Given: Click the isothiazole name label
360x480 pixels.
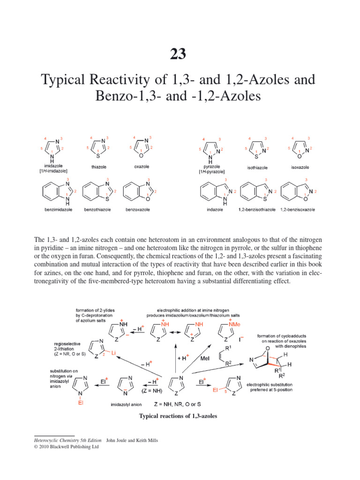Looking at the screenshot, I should (x=257, y=166).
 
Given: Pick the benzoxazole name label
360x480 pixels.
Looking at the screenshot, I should (x=137, y=210).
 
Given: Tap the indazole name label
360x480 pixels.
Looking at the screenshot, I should (x=215, y=210).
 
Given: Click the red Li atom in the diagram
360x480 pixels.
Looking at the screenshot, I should (x=113, y=352).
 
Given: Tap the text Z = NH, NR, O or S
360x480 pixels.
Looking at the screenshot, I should (x=182, y=403).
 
